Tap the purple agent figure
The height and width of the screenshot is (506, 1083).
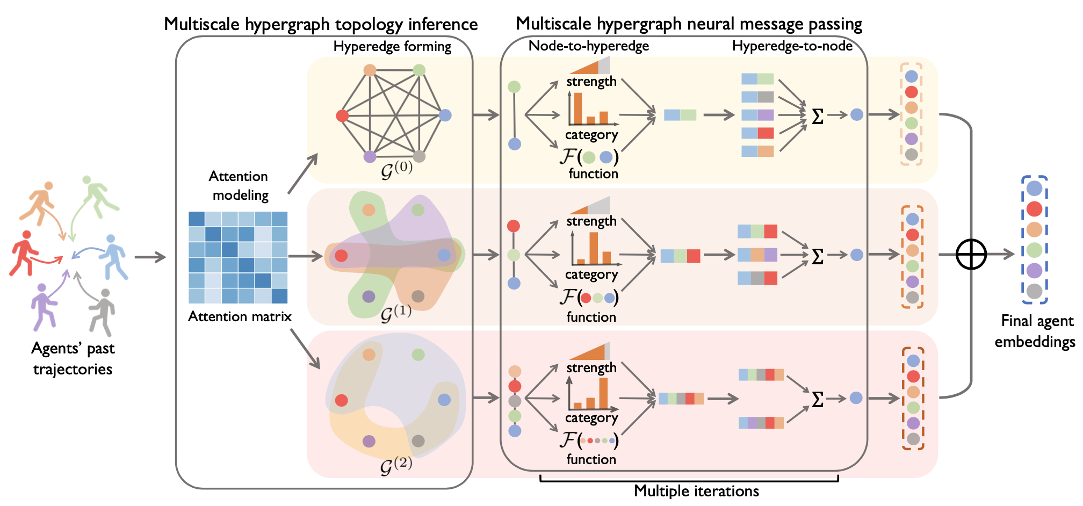point(44,306)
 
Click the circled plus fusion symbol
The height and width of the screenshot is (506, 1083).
point(971,254)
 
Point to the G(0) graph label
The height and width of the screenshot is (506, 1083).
point(396,170)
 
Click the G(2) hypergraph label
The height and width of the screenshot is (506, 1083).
point(396,465)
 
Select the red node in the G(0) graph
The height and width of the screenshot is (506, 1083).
point(342,115)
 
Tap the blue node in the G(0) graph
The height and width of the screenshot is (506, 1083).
point(445,115)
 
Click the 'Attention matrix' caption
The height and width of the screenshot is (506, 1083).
point(240,316)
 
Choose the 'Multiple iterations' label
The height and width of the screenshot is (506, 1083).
point(696,491)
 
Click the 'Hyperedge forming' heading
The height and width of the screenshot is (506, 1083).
point(392,47)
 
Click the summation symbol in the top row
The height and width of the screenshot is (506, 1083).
point(818,116)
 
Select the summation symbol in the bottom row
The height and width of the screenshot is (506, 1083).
point(818,399)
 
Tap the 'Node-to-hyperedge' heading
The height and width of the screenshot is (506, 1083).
point(589,46)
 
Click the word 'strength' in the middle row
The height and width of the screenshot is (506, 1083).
point(591,221)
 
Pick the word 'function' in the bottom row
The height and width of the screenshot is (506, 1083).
point(591,459)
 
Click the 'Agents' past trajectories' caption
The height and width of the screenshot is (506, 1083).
point(73,359)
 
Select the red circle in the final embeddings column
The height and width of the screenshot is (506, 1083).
point(1034,209)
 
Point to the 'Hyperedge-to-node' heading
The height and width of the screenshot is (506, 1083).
point(792,46)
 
